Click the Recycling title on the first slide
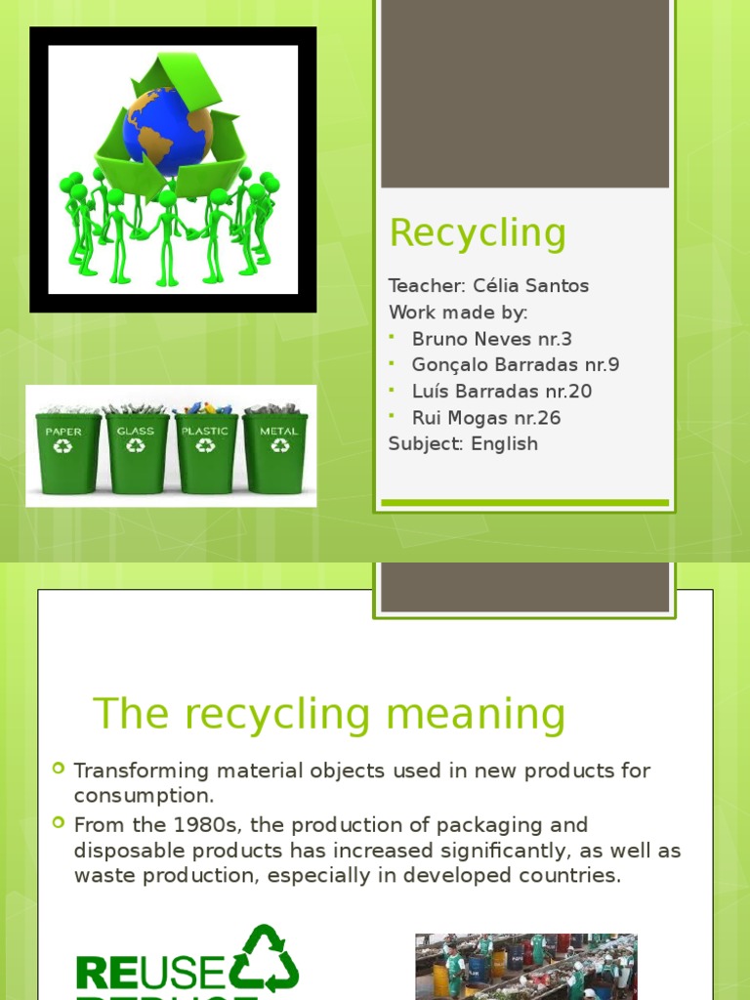pos(478,233)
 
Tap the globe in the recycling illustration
pos(168,131)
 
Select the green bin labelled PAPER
pos(66,452)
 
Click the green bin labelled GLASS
pos(137,452)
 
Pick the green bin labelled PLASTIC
pos(205,452)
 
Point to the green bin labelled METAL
pos(276,452)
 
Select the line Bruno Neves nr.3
pos(491,339)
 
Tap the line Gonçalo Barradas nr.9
pos(515,365)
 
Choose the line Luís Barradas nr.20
pos(501,392)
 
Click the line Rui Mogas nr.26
pos(485,418)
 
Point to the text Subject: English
pos(463,444)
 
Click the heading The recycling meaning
pos(329,714)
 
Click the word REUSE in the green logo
pos(150,972)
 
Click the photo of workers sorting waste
pos(525,967)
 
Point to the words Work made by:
pos(458,312)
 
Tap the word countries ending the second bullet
pos(574,876)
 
